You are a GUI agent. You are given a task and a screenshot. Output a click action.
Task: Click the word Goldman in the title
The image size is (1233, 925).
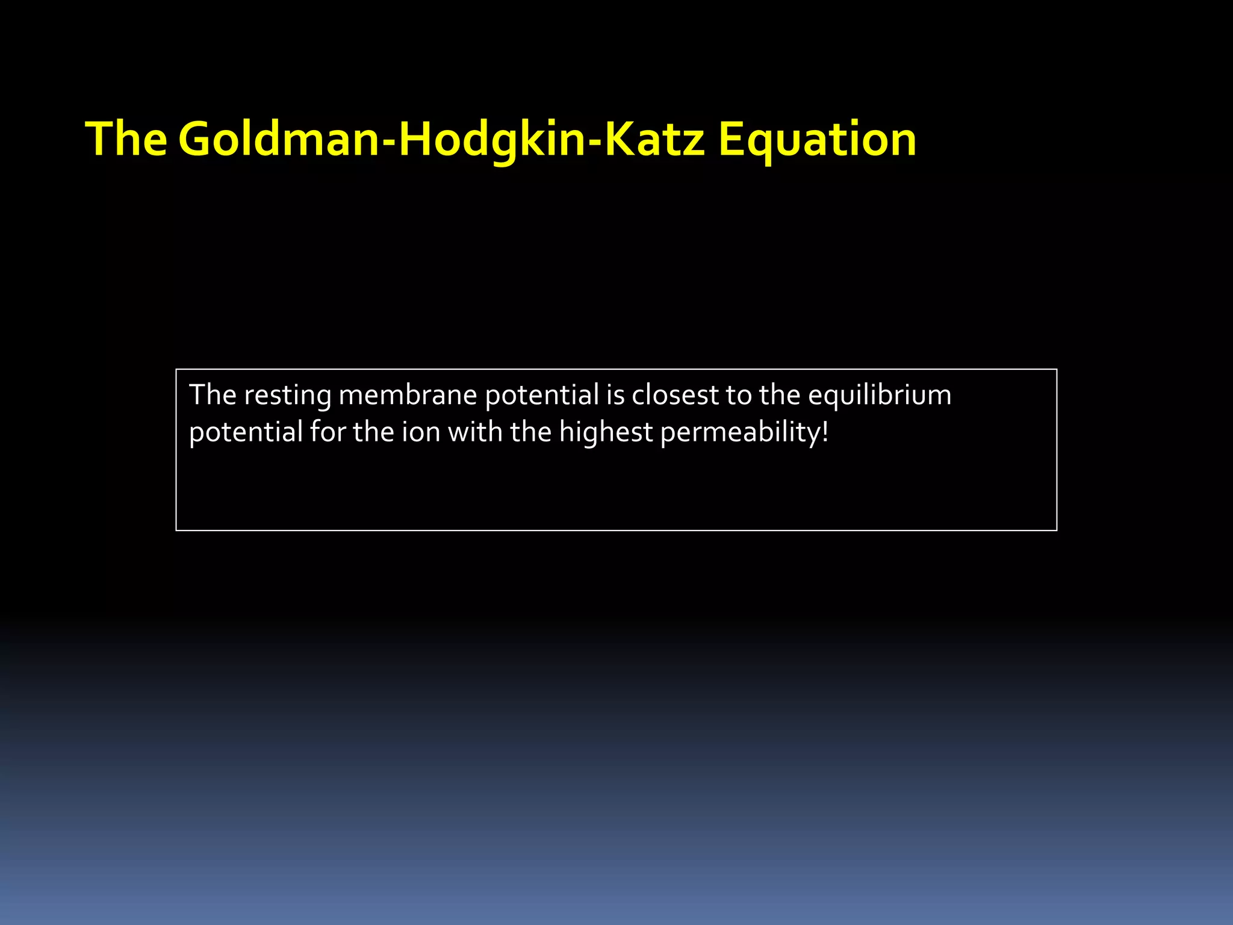click(x=281, y=140)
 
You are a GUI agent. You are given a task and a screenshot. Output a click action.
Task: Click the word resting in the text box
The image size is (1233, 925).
click(x=288, y=396)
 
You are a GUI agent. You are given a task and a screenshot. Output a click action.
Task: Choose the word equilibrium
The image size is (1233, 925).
click(x=879, y=396)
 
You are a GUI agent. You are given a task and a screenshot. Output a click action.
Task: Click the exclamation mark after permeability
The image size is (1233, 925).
click(x=825, y=432)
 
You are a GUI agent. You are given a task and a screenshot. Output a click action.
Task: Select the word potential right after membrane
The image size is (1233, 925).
click(x=542, y=396)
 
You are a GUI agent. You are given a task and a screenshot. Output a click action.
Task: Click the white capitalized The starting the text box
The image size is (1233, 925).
click(x=213, y=396)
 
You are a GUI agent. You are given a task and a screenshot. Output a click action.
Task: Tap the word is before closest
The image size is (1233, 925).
click(x=615, y=396)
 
